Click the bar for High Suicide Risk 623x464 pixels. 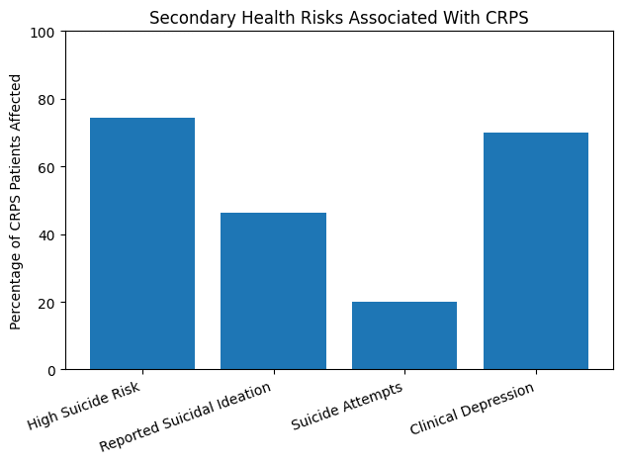[x=142, y=243]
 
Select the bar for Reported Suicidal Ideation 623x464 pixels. [x=273, y=291]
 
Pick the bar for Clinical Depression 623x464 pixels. [x=535, y=251]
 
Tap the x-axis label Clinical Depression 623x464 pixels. [x=473, y=409]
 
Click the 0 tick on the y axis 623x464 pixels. [x=52, y=370]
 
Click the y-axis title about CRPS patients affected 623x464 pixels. [x=16, y=201]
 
